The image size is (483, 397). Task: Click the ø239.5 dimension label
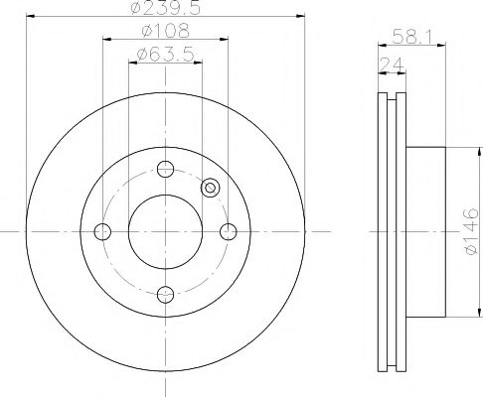(166, 7)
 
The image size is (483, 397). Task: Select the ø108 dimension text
(166, 31)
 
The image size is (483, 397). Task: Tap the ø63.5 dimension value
(165, 54)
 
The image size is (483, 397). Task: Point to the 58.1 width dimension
(412, 37)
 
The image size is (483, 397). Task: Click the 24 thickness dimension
(392, 65)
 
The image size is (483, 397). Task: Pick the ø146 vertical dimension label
(471, 231)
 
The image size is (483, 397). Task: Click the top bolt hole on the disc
(165, 169)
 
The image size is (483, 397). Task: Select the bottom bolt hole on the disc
(165, 295)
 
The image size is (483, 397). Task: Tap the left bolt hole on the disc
(102, 231)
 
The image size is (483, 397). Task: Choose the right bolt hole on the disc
(229, 231)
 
